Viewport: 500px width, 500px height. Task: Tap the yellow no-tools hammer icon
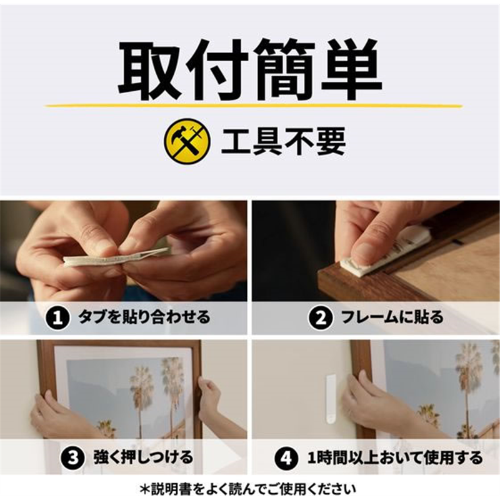pyautogui.click(x=187, y=141)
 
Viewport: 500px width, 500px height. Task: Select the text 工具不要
pyautogui.click(x=284, y=142)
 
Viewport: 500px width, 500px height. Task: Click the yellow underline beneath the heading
pyautogui.click(x=254, y=106)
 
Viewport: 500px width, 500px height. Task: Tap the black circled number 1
pyautogui.click(x=57, y=318)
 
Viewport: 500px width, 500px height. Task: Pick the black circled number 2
pyautogui.click(x=321, y=318)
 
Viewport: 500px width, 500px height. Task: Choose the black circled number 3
pyautogui.click(x=73, y=458)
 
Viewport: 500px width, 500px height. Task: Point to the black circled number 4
pyautogui.click(x=286, y=458)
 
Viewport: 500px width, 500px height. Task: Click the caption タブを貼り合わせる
pyautogui.click(x=144, y=317)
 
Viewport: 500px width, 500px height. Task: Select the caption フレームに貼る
pyautogui.click(x=392, y=317)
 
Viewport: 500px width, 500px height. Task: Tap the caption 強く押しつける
pyautogui.click(x=144, y=457)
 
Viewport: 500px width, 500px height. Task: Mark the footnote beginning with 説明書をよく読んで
pyautogui.click(x=247, y=488)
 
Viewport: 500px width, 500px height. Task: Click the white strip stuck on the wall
pyautogui.click(x=330, y=399)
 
